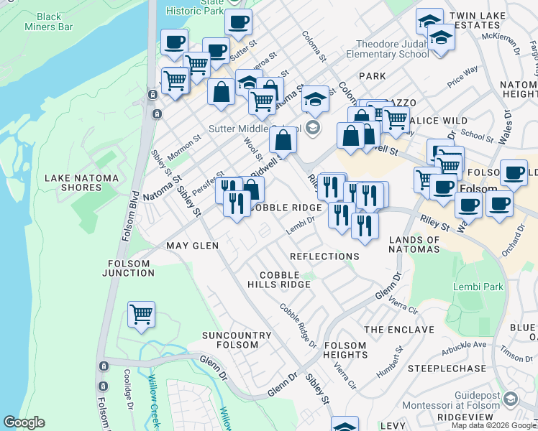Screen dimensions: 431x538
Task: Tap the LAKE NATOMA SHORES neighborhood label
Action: pyautogui.click(x=73, y=182)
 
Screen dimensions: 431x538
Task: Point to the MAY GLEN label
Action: pyautogui.click(x=192, y=246)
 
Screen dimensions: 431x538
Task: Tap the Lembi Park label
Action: pyautogui.click(x=478, y=287)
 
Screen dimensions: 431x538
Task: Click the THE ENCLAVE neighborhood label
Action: pyautogui.click(x=399, y=330)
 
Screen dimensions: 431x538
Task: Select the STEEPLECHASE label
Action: pyautogui.click(x=447, y=369)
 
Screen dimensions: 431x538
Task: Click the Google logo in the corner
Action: pyautogui.click(x=24, y=422)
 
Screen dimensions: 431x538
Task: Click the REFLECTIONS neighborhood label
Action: pyautogui.click(x=324, y=256)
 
